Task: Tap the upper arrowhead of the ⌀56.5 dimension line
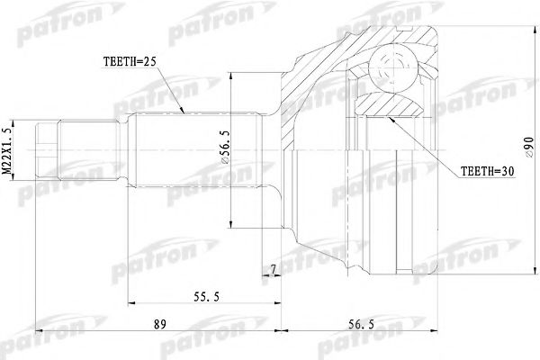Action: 231,71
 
